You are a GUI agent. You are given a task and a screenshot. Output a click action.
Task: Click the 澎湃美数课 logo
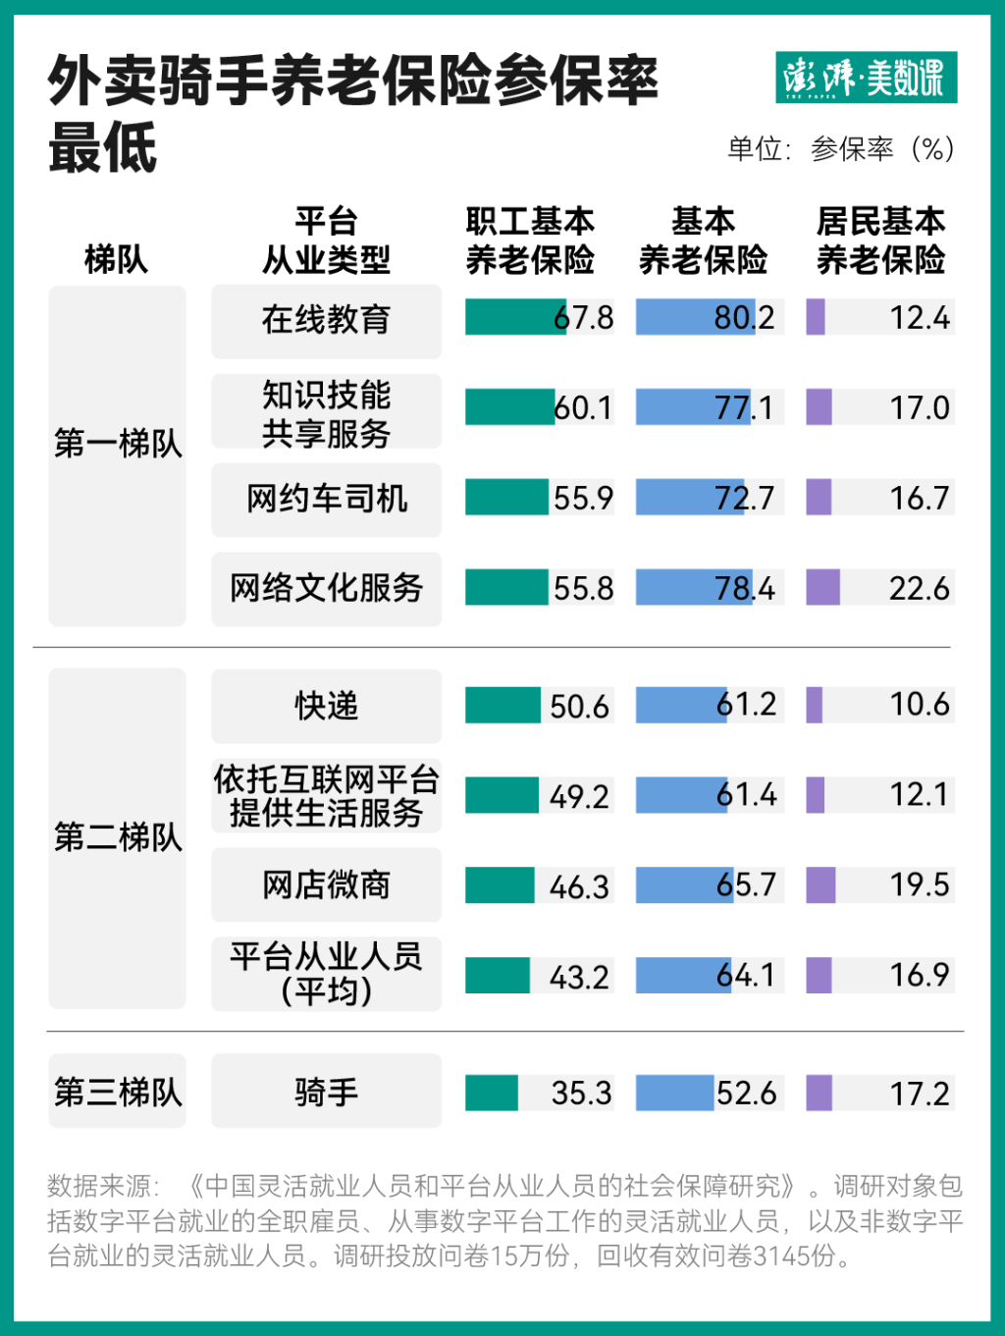pyautogui.click(x=866, y=78)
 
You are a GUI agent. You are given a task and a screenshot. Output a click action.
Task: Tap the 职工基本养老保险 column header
pyautogui.click(x=530, y=240)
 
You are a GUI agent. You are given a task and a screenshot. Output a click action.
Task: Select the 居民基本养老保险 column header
pyautogui.click(x=880, y=240)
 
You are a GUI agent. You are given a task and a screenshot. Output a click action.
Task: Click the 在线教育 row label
pyautogui.click(x=326, y=320)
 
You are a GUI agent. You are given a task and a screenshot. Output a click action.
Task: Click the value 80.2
pyautogui.click(x=745, y=318)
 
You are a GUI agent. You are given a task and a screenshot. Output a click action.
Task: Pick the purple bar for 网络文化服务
pyautogui.click(x=822, y=587)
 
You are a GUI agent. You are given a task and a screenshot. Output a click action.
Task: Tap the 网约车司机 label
pyautogui.click(x=326, y=499)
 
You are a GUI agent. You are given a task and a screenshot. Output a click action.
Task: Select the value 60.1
pyautogui.click(x=583, y=407)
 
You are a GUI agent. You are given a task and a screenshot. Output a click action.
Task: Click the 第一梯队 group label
pyautogui.click(x=118, y=444)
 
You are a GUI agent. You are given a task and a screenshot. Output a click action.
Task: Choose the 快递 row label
pyautogui.click(x=326, y=706)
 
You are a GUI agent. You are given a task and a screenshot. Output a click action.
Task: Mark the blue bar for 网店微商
pyautogui.click(x=682, y=884)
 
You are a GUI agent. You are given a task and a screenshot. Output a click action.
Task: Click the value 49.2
pyautogui.click(x=579, y=796)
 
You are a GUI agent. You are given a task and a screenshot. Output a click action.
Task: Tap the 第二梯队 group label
pyautogui.click(x=118, y=837)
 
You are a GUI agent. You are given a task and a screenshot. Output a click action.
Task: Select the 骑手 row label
pyautogui.click(x=326, y=1092)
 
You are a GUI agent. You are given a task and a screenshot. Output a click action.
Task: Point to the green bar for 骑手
pyautogui.click(x=491, y=1093)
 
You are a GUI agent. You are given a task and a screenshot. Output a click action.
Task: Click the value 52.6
pyautogui.click(x=746, y=1093)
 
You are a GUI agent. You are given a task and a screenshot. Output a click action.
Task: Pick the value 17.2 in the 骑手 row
pyautogui.click(x=920, y=1093)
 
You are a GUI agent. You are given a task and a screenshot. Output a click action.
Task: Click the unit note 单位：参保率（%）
pyautogui.click(x=840, y=149)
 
